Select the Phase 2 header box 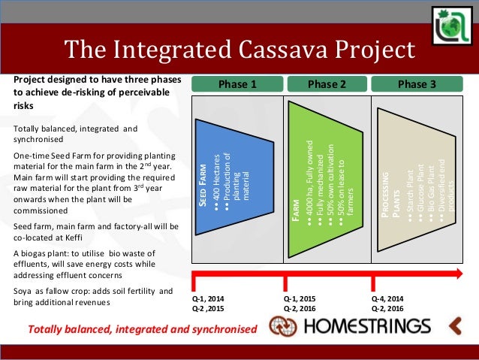click(327, 84)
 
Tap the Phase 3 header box click(417, 84)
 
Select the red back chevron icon click(456, 325)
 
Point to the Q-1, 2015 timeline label click(299, 298)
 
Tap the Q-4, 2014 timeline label click(387, 298)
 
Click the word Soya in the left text click(23, 291)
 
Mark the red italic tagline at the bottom click(141, 329)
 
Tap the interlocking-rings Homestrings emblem click(282, 326)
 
